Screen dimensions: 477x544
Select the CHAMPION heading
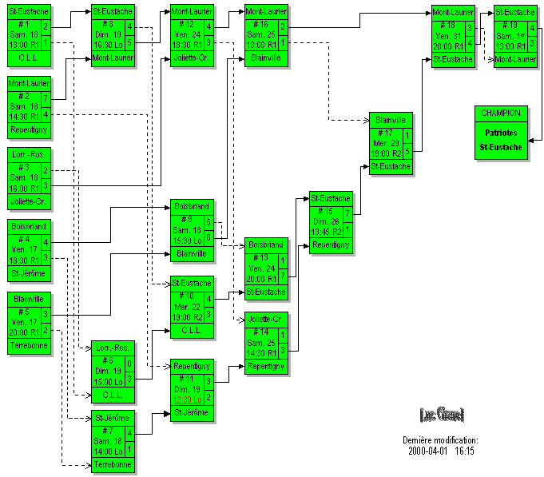[x=501, y=113]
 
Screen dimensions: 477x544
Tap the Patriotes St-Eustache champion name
[x=501, y=141]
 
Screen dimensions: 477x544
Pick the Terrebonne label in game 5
[x=30, y=345]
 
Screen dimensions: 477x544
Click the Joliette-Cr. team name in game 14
[x=266, y=319]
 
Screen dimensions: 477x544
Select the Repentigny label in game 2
[x=30, y=128]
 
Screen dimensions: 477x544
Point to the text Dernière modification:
[x=440, y=440]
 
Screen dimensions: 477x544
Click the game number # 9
[x=187, y=218]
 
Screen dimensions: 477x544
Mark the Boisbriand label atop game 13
[x=266, y=244]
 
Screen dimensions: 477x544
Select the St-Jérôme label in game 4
[x=30, y=274]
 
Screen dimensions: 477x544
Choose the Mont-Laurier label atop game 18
[x=453, y=12]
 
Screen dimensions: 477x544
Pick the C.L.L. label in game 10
[x=192, y=329]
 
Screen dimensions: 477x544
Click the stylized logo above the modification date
[x=441, y=414]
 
